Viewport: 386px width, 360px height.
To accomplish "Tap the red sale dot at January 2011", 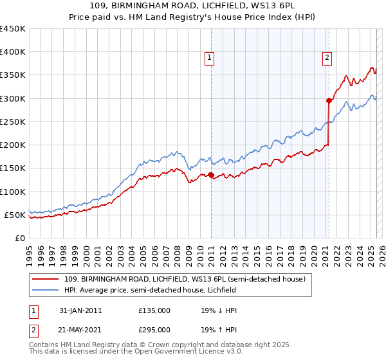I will [x=211, y=175].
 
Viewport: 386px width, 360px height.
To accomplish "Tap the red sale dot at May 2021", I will [x=329, y=100].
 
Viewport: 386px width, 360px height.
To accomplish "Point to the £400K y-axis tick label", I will [x=13, y=52].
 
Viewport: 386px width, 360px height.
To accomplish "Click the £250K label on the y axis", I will [x=13, y=122].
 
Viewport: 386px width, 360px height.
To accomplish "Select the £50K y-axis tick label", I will [x=15, y=215].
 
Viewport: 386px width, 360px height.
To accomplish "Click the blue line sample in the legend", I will [x=46, y=291].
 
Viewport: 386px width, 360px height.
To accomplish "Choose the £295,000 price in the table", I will [x=154, y=329].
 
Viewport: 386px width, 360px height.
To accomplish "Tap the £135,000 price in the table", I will [x=154, y=310].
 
